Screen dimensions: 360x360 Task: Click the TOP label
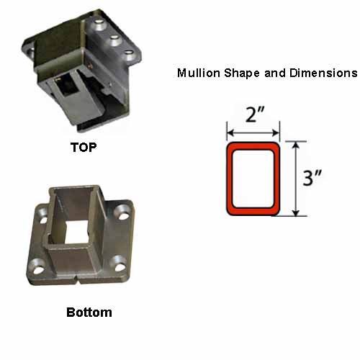84,147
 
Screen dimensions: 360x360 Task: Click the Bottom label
89,312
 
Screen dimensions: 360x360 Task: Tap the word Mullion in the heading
198,73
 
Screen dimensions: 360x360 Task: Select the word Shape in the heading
242,73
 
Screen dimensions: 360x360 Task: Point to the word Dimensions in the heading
323,73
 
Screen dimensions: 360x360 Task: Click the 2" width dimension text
255,114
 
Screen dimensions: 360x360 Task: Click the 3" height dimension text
312,178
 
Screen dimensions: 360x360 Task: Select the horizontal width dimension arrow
253,132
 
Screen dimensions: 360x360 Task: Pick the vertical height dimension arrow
297,179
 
